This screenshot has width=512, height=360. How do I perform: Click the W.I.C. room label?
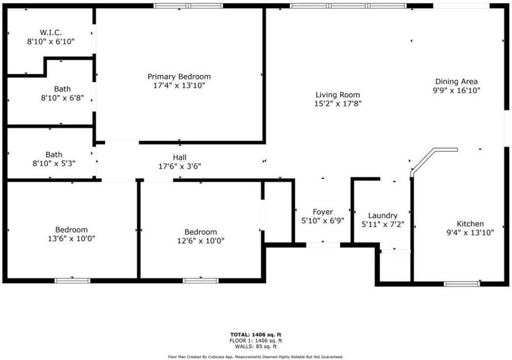click(50, 33)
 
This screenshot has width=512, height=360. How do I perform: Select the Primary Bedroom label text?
click(179, 76)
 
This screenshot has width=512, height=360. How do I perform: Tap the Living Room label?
click(338, 95)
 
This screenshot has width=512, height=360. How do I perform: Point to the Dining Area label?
click(456, 81)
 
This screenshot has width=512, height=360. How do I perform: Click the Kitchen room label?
click(470, 224)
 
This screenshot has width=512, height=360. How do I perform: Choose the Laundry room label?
click(382, 216)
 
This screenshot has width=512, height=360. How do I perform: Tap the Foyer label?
click(323, 212)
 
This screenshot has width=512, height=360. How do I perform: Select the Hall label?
click(179, 157)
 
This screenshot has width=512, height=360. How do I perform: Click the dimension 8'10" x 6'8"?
click(62, 98)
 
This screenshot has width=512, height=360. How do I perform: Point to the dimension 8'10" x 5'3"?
click(54, 163)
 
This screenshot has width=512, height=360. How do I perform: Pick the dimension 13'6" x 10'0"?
click(71, 238)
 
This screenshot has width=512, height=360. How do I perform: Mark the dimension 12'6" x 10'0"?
click(201, 241)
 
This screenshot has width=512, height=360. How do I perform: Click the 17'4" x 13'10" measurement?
click(179, 85)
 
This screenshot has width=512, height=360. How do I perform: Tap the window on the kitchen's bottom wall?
click(461, 284)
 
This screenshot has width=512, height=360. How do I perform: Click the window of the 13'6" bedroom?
click(72, 281)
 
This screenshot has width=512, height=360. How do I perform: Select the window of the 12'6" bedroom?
click(201, 281)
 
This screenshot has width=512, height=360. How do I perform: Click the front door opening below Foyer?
click(323, 244)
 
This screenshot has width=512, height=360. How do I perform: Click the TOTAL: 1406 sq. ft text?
click(256, 334)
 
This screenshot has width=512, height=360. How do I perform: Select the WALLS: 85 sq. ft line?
click(256, 346)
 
